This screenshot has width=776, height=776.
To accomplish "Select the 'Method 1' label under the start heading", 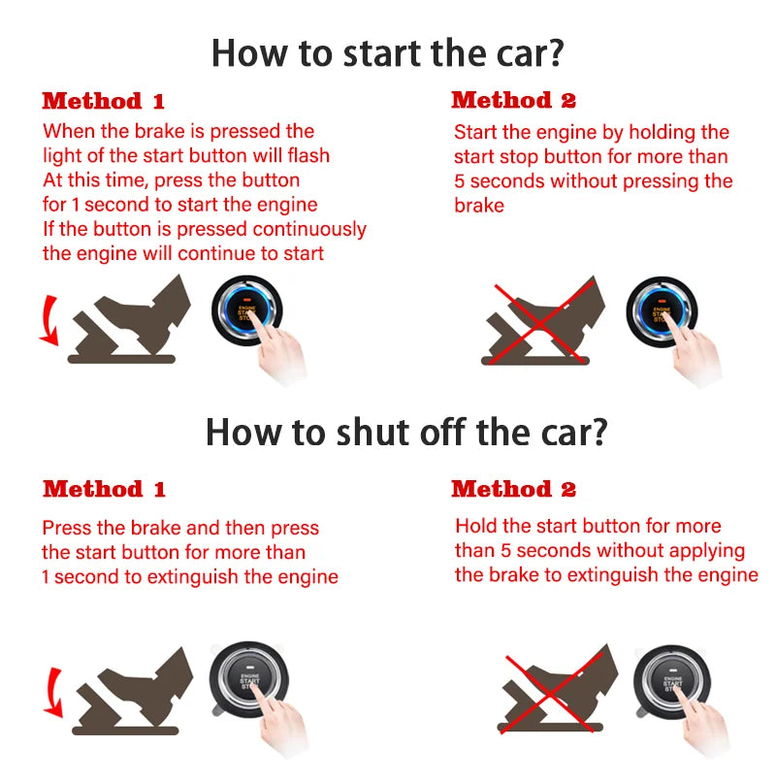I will [104, 101].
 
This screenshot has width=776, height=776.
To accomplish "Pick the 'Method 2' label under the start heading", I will [513, 100].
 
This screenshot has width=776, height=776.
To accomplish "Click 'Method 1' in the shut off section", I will [104, 489].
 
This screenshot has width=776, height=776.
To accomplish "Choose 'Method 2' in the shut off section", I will [513, 489].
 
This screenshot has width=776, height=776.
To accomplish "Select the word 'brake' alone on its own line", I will [479, 206].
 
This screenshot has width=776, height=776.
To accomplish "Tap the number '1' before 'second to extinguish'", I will [46, 577].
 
